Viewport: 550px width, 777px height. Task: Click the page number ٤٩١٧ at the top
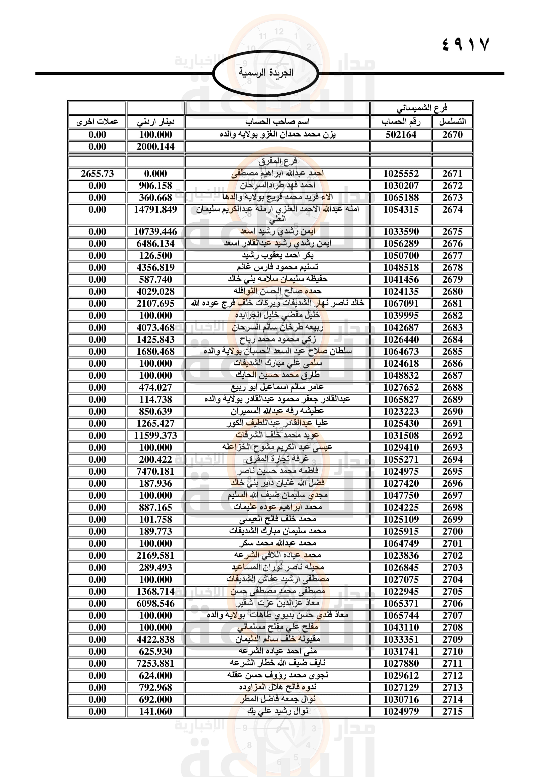coord(465,44)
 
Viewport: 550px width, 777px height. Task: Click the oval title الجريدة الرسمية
coord(266,73)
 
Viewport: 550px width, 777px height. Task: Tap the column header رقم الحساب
coord(401,122)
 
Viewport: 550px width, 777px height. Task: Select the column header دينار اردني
coord(155,122)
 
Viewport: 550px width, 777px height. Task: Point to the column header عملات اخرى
coord(97,122)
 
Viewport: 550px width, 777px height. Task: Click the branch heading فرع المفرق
coord(277,161)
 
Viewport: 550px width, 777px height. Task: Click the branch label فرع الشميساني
coord(422,108)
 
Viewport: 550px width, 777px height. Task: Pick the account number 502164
coord(401,135)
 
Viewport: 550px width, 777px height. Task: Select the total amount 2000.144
coord(155,146)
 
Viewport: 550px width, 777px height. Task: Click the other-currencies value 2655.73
coord(97,174)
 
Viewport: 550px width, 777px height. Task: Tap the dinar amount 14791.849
coord(155,210)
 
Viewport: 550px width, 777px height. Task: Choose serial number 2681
coord(452,304)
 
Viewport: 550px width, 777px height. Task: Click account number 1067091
coord(401,304)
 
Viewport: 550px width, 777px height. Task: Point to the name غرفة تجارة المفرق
coord(277,459)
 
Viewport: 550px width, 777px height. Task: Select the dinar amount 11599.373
coord(155,436)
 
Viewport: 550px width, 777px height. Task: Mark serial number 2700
coord(452,531)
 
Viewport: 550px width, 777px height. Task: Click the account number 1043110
coord(401,628)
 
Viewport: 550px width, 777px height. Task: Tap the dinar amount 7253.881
coord(155,663)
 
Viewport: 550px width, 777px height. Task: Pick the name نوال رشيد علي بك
coord(277,711)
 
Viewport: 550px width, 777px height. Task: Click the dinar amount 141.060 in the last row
coord(155,711)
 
